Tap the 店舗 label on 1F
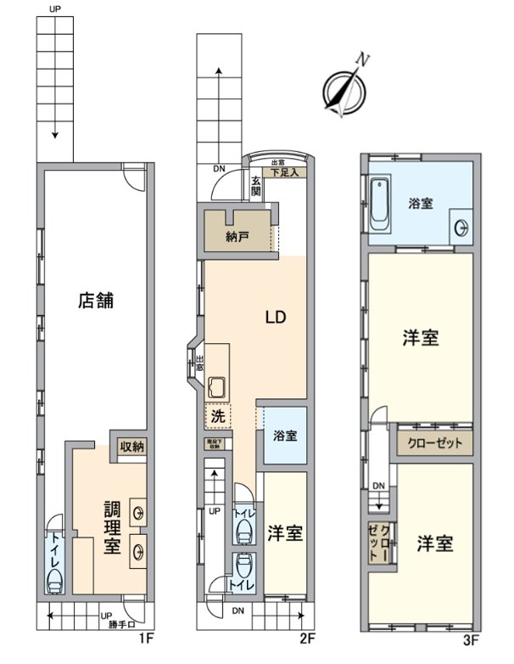(96, 300)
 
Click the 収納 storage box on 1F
(131, 447)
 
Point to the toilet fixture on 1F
(54, 581)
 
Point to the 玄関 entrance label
(255, 185)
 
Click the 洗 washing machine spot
(218, 417)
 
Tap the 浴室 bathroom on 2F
(285, 436)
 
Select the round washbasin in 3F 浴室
(461, 227)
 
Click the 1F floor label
(148, 638)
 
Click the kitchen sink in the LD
(216, 387)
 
